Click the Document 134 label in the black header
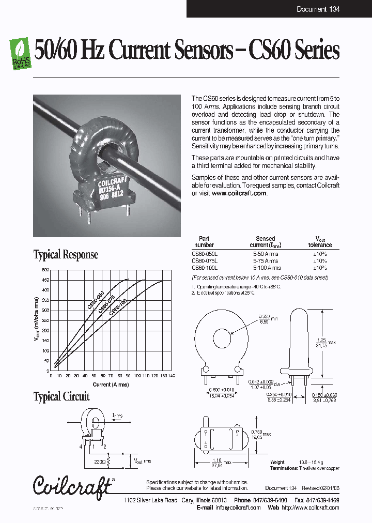point(318,9)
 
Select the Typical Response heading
point(66,254)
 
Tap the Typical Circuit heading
point(61,396)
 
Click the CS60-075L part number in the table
point(205,261)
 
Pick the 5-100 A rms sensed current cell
point(267,268)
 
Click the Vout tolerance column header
point(320,241)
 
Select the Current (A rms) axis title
point(111,384)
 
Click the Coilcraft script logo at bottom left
point(72,485)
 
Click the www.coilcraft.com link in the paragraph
point(239,193)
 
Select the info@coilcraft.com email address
point(238,507)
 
